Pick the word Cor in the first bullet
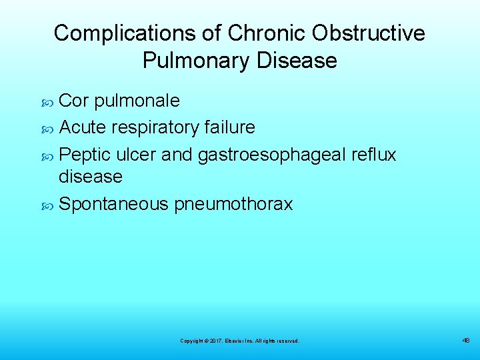coord(74,101)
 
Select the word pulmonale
coord(137,101)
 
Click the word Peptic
coord(85,155)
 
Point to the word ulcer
coord(135,155)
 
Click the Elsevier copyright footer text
coord(239,341)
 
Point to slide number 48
coord(466,340)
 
